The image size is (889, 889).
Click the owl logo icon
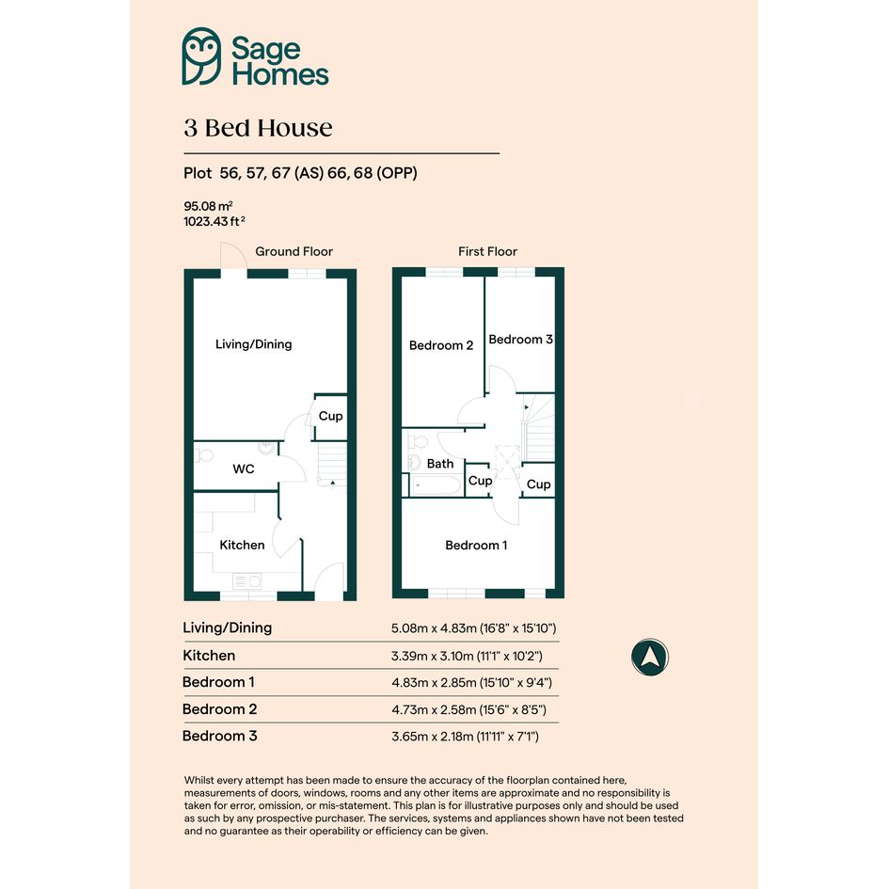201,56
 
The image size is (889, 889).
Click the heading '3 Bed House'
258,128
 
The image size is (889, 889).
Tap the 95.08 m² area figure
208,206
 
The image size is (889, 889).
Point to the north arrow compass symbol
650,658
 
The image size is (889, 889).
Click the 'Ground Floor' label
294,251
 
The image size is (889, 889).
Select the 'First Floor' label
487,251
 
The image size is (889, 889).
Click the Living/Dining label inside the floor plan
253,344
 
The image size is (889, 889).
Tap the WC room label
244,468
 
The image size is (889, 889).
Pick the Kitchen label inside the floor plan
242,545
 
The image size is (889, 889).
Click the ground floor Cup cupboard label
330,416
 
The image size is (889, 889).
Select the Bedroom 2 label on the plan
441,345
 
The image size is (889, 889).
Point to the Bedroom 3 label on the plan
520,339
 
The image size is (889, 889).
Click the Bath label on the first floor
440,464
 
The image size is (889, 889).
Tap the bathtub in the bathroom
436,485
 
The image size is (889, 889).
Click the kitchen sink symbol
247,581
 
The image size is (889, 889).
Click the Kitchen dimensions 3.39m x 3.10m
467,656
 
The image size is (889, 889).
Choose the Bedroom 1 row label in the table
218,682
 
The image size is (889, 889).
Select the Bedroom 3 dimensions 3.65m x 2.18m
465,737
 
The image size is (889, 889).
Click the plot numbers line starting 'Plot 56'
300,173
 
